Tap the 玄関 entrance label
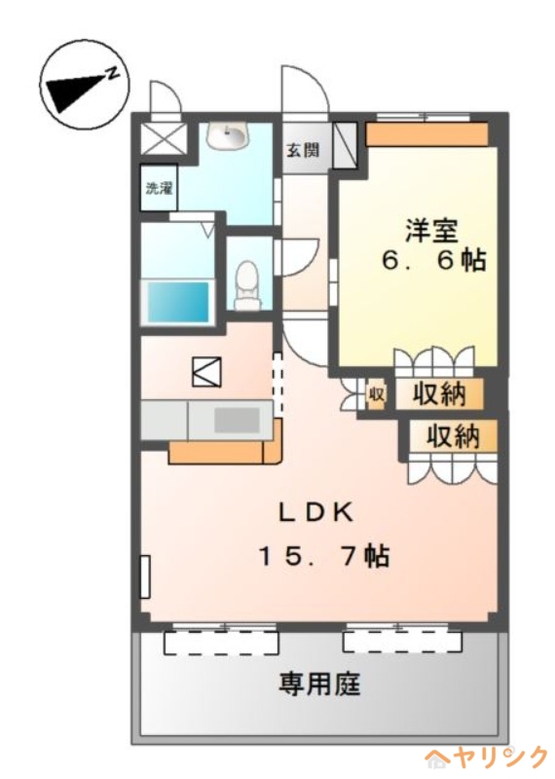pos(303,150)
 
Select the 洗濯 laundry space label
pos(159,188)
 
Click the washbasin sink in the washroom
pos(228,135)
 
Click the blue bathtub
pos(177,302)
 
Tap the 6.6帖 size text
pos(433,260)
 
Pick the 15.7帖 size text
pos(323,555)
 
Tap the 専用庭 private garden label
pos(318,684)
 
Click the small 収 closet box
pos(376,395)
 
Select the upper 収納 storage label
pos(439,395)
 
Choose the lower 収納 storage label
pos(453,436)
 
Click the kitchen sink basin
pos(237,421)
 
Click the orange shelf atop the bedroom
pos(426,134)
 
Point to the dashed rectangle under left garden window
pos(221,643)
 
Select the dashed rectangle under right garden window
pos(402,642)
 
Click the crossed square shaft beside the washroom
pos(163,138)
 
